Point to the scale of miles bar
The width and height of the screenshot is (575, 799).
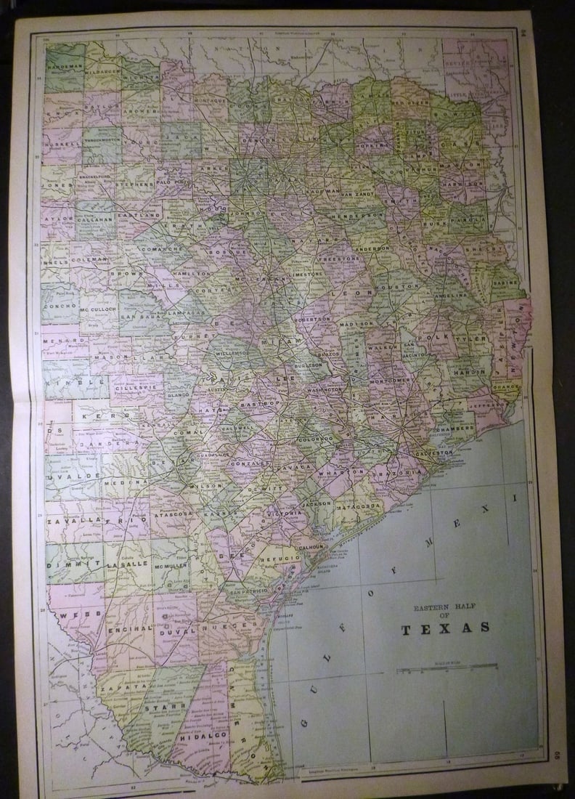(x=446, y=667)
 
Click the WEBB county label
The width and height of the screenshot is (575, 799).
(x=73, y=615)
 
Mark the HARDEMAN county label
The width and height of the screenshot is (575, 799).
(x=64, y=67)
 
